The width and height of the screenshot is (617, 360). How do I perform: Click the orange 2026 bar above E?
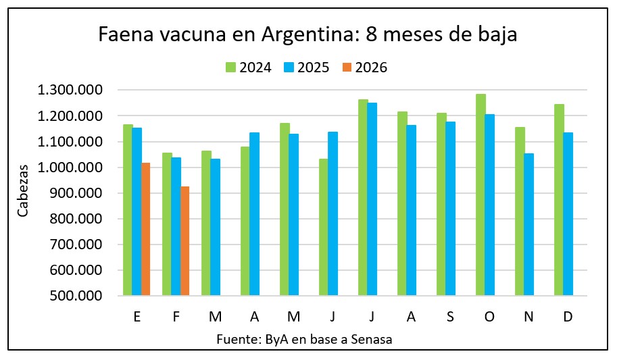(146, 229)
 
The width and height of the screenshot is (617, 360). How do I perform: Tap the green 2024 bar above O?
(480, 195)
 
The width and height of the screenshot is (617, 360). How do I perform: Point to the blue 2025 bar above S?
(451, 208)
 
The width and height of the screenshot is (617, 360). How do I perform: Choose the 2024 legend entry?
(248, 68)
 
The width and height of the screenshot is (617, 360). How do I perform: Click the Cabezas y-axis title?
(23, 192)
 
